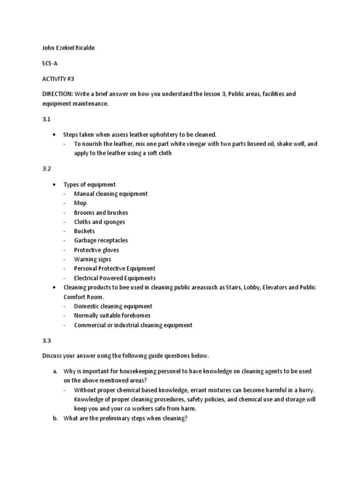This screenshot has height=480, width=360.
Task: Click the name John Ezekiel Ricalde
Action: (x=68, y=48)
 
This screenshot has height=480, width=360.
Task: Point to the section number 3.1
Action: (x=46, y=119)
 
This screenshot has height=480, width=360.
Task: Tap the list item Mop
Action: (x=80, y=203)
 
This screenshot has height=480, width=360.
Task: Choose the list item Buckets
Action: (x=84, y=231)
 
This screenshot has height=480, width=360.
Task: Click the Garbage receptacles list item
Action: (x=101, y=240)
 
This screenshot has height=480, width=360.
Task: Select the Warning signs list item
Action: (x=92, y=259)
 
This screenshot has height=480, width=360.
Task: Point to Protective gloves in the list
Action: (x=97, y=250)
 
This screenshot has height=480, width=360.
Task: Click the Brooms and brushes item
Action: (x=101, y=212)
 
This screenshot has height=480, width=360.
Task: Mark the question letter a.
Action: (x=55, y=371)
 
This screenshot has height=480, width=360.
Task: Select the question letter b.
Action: (x=55, y=418)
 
